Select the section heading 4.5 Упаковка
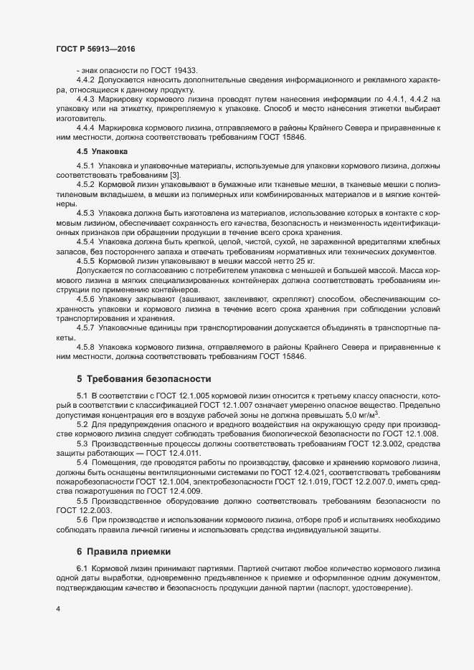tap(101, 152)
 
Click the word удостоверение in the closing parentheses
tap(384, 588)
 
